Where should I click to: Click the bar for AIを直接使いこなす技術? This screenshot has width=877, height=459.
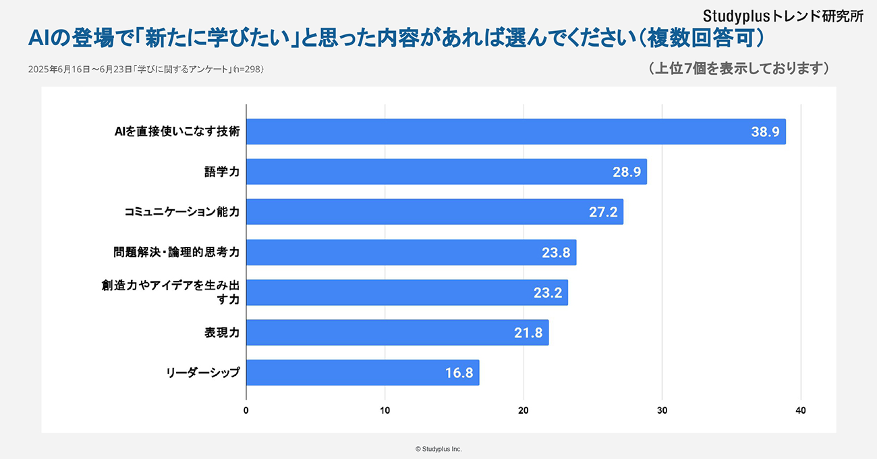pyautogui.click(x=516, y=132)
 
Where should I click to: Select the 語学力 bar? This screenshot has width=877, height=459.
pyautogui.click(x=447, y=171)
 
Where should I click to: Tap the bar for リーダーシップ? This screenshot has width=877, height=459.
pyautogui.click(x=362, y=373)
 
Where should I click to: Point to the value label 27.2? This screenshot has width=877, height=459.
pyautogui.click(x=603, y=212)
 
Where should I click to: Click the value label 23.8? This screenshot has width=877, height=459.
pyautogui.click(x=556, y=252)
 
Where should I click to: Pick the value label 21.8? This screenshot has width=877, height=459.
pyautogui.click(x=528, y=333)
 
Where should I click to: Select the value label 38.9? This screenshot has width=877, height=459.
pyautogui.click(x=765, y=132)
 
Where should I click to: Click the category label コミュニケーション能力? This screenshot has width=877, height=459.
pyautogui.click(x=182, y=212)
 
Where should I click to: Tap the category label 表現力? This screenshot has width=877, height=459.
pyautogui.click(x=222, y=333)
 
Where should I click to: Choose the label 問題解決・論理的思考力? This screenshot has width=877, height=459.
pyautogui.click(x=177, y=252)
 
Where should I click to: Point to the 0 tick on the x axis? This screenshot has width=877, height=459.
pyautogui.click(x=246, y=410)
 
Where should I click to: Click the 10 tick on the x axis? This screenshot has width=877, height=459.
pyautogui.click(x=385, y=410)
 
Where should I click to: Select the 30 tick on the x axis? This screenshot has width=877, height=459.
pyautogui.click(x=662, y=410)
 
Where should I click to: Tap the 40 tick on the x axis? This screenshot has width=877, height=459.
pyautogui.click(x=801, y=410)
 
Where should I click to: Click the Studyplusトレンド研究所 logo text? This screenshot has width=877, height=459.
pyautogui.click(x=783, y=16)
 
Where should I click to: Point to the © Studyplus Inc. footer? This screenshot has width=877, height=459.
pyautogui.click(x=438, y=448)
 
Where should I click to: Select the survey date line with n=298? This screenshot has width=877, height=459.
pyautogui.click(x=146, y=70)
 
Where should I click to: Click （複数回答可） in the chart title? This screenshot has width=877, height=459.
pyautogui.click(x=701, y=38)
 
